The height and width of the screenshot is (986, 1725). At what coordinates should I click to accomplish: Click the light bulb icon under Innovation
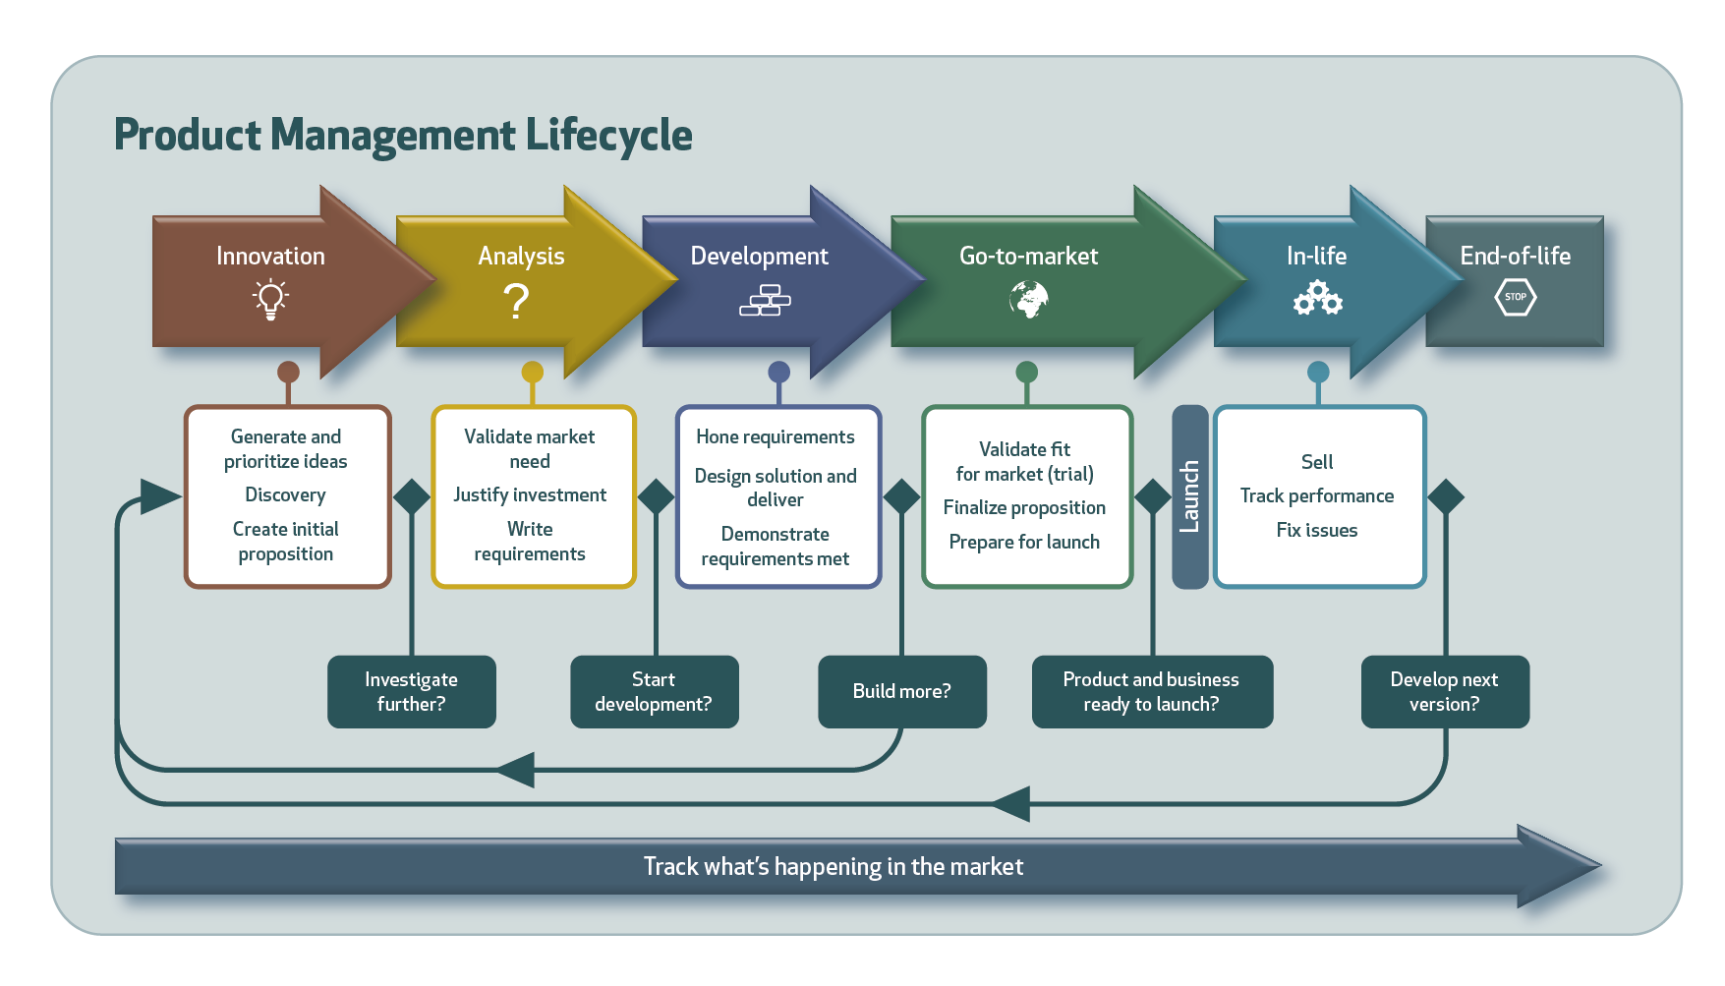(270, 299)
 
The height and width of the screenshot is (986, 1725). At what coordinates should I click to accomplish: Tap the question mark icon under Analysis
(516, 301)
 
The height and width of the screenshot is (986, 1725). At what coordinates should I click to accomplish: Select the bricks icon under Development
(765, 301)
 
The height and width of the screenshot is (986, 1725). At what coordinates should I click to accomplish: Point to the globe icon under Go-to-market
(1028, 300)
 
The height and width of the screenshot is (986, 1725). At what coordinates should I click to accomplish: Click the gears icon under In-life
(1317, 298)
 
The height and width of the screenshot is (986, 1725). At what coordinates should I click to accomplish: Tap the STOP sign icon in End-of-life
(1515, 297)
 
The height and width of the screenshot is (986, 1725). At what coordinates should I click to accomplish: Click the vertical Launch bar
(1189, 496)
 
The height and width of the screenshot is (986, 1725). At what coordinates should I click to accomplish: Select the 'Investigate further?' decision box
(411, 692)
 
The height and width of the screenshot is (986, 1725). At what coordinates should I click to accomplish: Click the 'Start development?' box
(654, 692)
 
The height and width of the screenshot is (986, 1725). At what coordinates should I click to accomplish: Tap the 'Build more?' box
(901, 692)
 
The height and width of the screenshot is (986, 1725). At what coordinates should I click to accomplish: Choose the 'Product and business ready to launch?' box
(1151, 692)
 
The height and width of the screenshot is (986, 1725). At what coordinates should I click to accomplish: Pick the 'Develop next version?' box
(1444, 692)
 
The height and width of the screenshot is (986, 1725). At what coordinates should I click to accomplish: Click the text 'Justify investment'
(530, 495)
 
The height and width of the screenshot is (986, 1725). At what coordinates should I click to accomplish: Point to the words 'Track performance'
(1316, 496)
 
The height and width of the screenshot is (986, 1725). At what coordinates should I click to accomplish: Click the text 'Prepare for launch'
(1024, 543)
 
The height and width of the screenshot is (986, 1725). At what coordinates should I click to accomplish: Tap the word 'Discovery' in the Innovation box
(285, 495)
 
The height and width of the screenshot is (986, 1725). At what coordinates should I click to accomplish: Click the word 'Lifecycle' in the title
(608, 136)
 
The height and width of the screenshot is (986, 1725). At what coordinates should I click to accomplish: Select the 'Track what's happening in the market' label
(833, 867)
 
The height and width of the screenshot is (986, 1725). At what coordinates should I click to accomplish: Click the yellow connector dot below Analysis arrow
(532, 372)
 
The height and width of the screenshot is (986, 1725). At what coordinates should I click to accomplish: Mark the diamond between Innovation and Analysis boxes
(412, 496)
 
